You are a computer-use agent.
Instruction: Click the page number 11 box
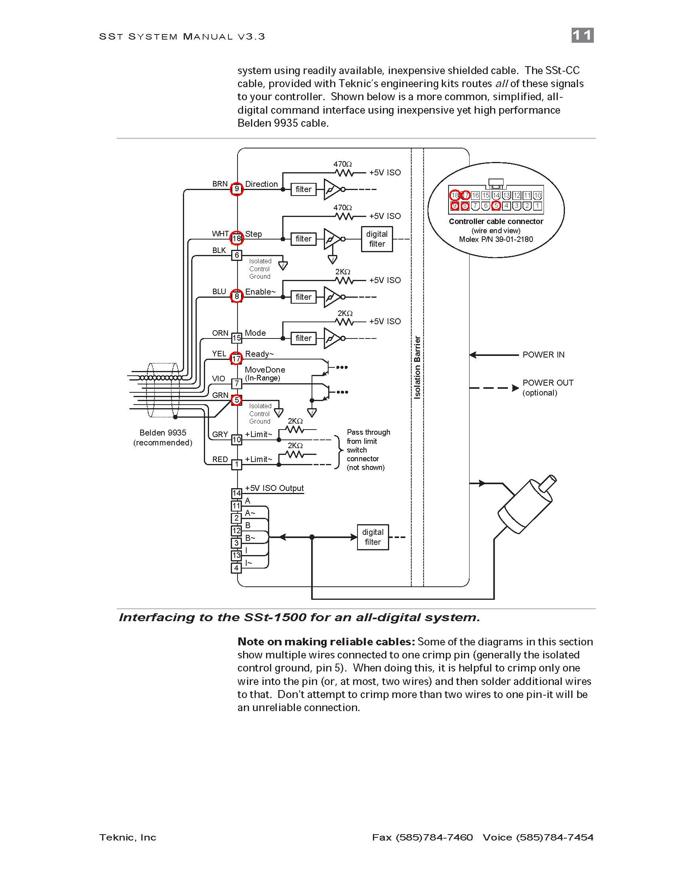coord(582,35)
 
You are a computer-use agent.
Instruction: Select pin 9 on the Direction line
coord(237,188)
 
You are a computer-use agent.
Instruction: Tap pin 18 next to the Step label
coord(237,238)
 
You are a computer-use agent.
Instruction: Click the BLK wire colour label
coord(219,251)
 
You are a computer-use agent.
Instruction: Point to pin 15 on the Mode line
coord(237,338)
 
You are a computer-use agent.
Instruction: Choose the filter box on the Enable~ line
coord(303,297)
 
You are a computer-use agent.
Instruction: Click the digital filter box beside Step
coord(377,239)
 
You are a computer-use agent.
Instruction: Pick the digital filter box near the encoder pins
coord(373,537)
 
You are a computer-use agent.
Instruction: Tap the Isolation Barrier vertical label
coord(417,367)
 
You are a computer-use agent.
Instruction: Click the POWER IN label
coord(544,355)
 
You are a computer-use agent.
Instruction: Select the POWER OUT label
coord(548,382)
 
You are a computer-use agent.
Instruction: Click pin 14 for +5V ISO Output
coord(237,493)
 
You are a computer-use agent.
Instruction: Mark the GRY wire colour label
coord(220,434)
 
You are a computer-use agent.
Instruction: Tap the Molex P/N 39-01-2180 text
coord(496,239)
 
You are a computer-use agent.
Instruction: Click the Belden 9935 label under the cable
coord(163,433)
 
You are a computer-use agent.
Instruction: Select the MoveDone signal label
coord(265,370)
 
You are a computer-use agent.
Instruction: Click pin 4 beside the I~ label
coord(237,567)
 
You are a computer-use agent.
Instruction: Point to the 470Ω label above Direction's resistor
coord(342,164)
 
